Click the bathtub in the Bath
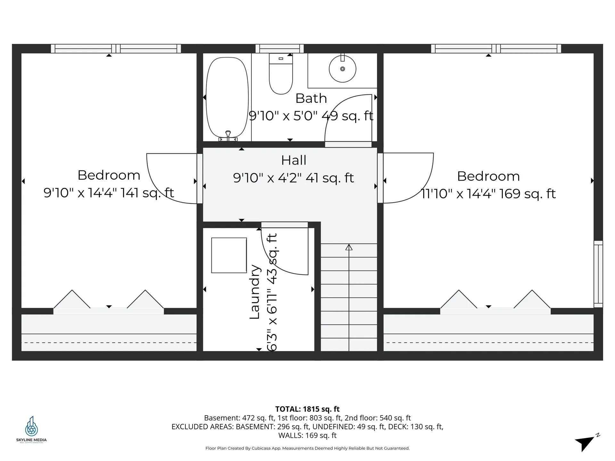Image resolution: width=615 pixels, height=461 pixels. click(x=227, y=97)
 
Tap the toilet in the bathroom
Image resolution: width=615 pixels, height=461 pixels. click(x=281, y=74)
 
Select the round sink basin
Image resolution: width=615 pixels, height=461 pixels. click(x=342, y=69)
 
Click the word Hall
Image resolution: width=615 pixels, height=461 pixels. click(x=294, y=160)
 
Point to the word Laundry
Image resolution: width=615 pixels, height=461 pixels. click(x=255, y=292)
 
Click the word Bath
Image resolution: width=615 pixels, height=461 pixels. click(x=311, y=98)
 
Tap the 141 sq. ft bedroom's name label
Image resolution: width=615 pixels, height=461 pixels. click(x=109, y=175)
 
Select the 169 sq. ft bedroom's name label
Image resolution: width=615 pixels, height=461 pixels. click(x=488, y=176)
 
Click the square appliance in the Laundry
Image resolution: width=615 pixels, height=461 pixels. click(x=229, y=255)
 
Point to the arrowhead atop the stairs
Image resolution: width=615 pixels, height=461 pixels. click(x=349, y=247)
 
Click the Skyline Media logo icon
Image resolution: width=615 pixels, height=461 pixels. click(x=31, y=426)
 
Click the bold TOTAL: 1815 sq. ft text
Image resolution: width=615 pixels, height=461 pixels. click(x=307, y=409)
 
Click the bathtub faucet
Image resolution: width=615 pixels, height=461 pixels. click(x=228, y=136)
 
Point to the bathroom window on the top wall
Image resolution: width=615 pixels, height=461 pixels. click(x=280, y=49)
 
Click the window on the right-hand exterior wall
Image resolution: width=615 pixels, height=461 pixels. click(x=598, y=274)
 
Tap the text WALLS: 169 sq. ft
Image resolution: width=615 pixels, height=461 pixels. click(x=307, y=435)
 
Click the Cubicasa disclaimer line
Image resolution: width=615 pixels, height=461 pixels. click(x=307, y=448)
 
